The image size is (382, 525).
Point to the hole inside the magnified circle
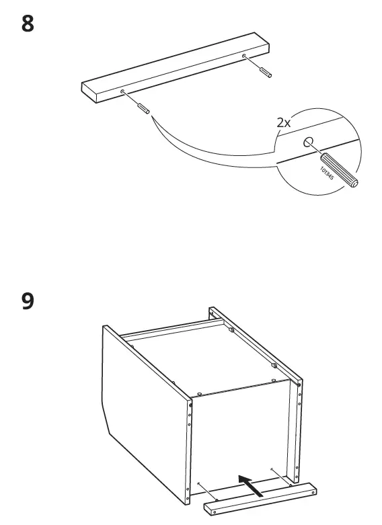tap(309, 142)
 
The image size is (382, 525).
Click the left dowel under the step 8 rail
tap(143, 107)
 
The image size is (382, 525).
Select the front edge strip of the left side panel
tap(188, 450)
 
